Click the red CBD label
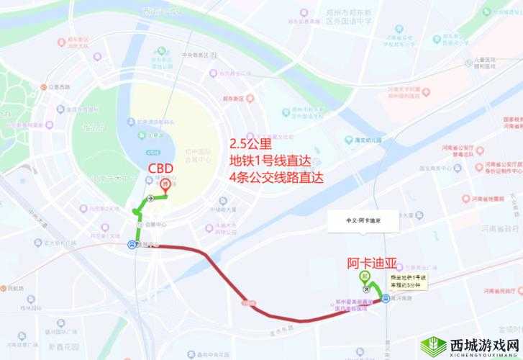tap(160, 168)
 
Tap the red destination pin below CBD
tap(166, 184)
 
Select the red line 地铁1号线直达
tap(271, 160)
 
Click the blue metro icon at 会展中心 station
tap(130, 245)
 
